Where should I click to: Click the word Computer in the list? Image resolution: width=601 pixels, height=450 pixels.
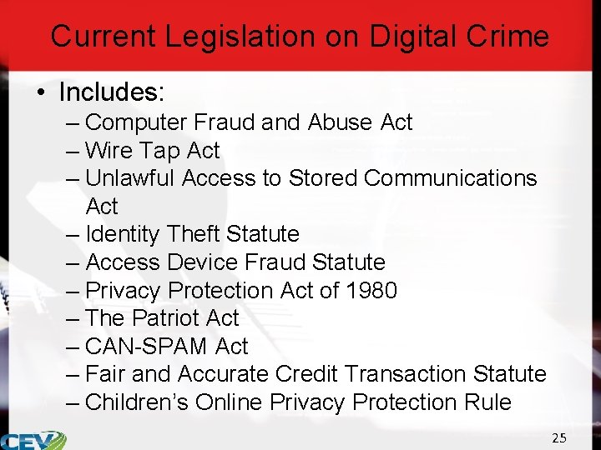(x=137, y=122)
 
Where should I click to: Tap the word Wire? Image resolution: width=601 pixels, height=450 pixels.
(x=109, y=151)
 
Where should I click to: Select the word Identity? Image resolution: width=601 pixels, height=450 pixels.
(x=123, y=234)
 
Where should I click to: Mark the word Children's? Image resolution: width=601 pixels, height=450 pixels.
(x=137, y=402)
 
